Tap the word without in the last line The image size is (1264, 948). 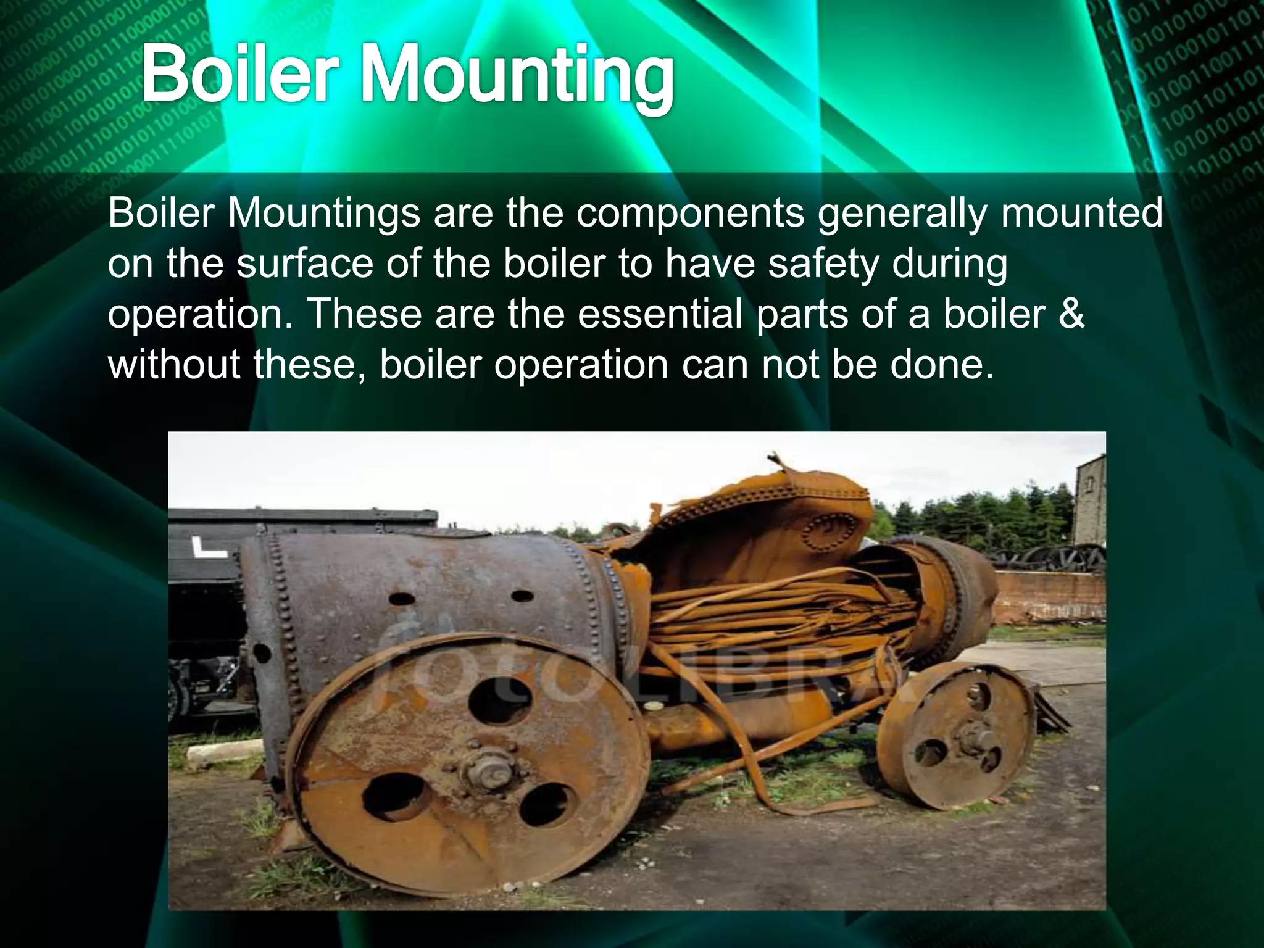173,364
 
